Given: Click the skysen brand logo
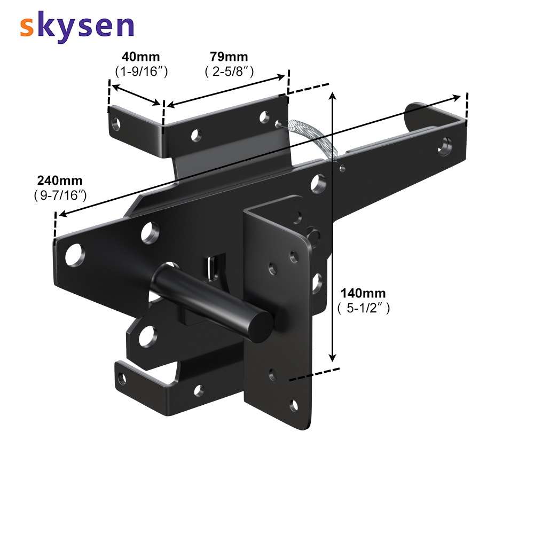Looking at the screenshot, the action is tap(76, 26).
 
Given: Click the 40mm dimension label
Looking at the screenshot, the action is tap(140, 57).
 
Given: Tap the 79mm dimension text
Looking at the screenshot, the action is tap(229, 56).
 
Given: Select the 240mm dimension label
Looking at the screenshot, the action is tap(60, 180).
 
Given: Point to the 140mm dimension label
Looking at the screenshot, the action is tap(363, 293).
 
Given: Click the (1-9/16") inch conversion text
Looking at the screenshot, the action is tap(142, 72).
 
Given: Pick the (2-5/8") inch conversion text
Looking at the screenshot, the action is tap(229, 72).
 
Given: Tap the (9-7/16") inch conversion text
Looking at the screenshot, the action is tap(60, 195).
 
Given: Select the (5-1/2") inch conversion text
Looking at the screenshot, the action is tap(363, 308).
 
